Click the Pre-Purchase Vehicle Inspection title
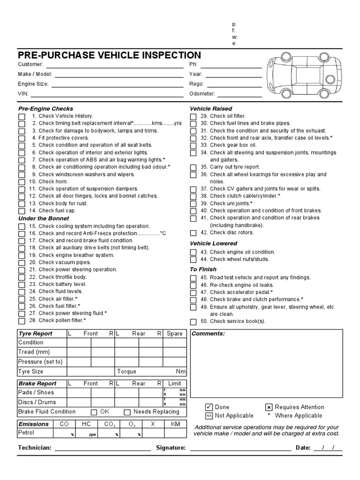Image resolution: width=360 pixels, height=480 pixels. (x=109, y=55)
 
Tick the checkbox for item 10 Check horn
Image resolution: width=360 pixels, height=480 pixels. (x=22, y=182)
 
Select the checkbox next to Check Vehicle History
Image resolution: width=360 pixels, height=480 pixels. (x=22, y=116)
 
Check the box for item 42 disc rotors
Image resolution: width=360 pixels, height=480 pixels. (x=194, y=233)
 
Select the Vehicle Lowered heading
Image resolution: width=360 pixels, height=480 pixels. (x=213, y=244)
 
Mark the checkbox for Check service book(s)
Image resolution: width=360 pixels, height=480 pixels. (x=194, y=322)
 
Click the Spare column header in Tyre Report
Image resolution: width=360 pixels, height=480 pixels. (x=174, y=334)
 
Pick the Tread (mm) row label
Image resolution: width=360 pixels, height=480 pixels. (x=34, y=352)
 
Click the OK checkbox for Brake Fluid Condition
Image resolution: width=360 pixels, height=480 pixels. (x=94, y=412)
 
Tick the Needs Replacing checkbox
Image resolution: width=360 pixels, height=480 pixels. (x=127, y=412)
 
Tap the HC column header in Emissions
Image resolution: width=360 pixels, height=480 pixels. (x=86, y=424)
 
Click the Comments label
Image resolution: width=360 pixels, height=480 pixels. (x=208, y=334)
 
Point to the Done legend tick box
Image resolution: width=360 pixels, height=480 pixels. (x=209, y=407)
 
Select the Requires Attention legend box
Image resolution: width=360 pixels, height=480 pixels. (x=269, y=407)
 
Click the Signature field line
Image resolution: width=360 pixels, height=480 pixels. (x=240, y=448)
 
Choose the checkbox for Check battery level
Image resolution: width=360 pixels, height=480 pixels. (x=22, y=285)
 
